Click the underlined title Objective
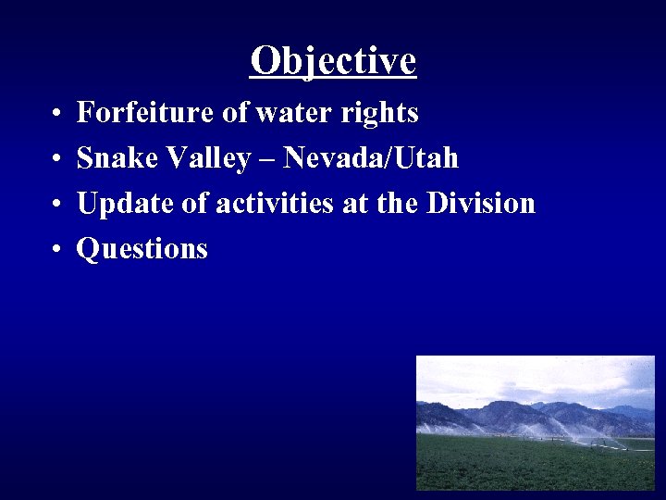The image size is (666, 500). (x=333, y=61)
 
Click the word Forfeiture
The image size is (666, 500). (x=145, y=113)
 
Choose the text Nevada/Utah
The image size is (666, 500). (x=371, y=158)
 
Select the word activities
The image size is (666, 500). (x=277, y=203)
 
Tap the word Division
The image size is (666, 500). (x=481, y=203)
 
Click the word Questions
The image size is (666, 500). (x=142, y=249)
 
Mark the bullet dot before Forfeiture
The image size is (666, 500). (x=56, y=115)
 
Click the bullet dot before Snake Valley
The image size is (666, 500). (x=56, y=160)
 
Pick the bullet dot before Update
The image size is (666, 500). (x=56, y=205)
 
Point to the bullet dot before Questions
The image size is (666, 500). (x=56, y=250)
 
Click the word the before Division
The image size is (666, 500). (x=397, y=203)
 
